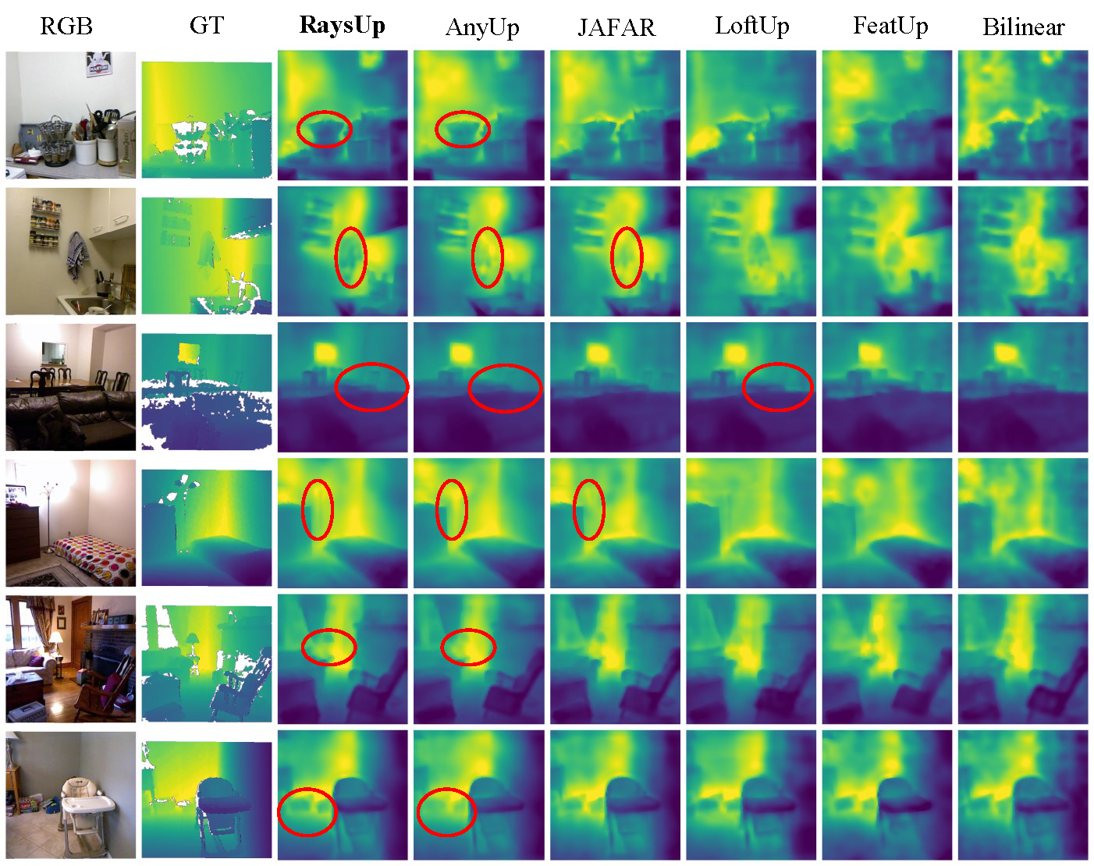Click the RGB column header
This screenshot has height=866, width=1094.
[x=66, y=27]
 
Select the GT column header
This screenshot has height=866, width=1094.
[x=207, y=26]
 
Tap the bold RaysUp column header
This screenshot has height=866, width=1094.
[x=342, y=27]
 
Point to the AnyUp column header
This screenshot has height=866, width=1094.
[x=482, y=27]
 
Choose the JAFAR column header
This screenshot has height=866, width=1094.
[x=616, y=27]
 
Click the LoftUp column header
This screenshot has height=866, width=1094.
[x=752, y=27]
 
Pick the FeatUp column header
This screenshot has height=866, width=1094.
[x=890, y=27]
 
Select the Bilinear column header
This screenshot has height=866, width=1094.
[x=1023, y=27]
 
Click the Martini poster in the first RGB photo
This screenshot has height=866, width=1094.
[x=99, y=64]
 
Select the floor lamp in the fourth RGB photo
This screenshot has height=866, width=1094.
[x=49, y=517]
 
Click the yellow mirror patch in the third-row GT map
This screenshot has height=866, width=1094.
[x=189, y=352]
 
